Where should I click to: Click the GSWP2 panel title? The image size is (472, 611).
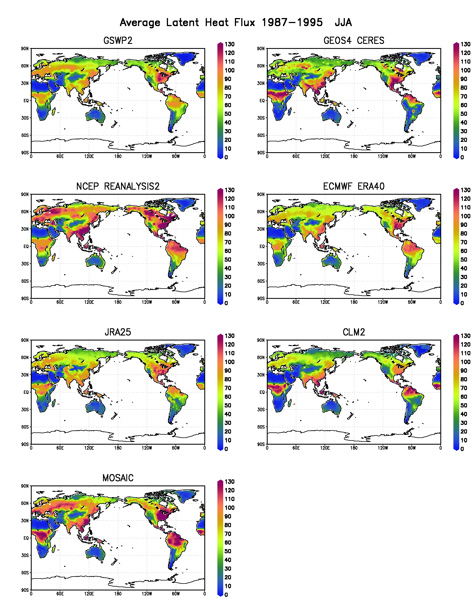(x=118, y=41)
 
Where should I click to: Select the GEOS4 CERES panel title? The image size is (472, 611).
(x=354, y=41)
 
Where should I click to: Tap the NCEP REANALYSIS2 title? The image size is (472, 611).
(x=118, y=186)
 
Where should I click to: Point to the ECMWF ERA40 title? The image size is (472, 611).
(x=354, y=186)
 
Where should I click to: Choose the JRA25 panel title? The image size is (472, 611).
(x=118, y=332)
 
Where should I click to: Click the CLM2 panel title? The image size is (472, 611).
(x=354, y=332)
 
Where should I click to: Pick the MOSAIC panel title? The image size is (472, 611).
(x=118, y=478)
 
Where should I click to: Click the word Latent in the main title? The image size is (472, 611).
(x=182, y=22)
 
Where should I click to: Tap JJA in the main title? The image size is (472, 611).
(x=343, y=22)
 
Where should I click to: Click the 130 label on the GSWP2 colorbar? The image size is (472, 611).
(x=230, y=44)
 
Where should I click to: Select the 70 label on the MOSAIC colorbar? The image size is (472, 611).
(x=228, y=534)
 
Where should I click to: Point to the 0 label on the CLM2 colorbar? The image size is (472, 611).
(x=462, y=449)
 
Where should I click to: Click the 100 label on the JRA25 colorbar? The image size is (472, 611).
(x=230, y=362)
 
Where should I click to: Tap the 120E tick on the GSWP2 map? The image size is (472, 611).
(x=89, y=156)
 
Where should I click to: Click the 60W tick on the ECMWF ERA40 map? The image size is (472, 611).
(x=411, y=302)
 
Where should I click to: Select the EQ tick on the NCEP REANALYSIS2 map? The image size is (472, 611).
(x=26, y=246)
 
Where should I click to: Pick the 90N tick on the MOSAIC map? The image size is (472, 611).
(x=25, y=486)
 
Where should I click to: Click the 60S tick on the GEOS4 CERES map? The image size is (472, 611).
(x=261, y=135)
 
